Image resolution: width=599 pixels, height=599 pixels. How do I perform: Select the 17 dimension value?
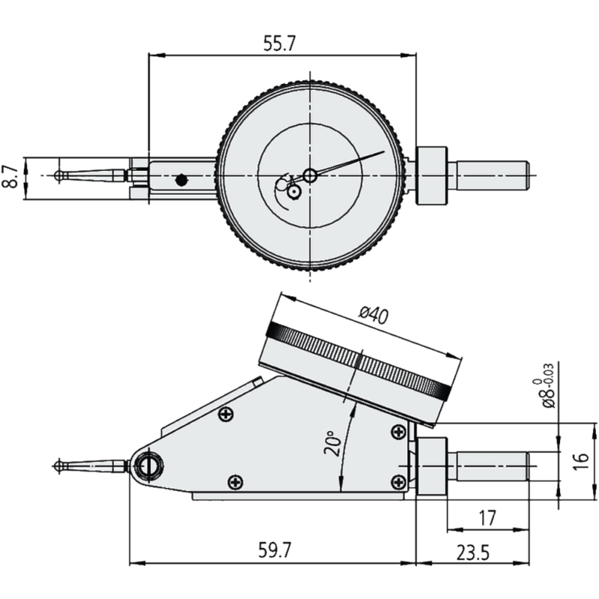[x=486, y=517]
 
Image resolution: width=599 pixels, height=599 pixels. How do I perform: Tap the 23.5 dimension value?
[x=472, y=553]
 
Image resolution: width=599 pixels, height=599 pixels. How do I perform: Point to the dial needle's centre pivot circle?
[x=310, y=175]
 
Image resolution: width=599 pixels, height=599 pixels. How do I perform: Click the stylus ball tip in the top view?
[x=58, y=175]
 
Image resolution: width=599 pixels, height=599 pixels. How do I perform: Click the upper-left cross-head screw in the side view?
[x=225, y=414]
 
